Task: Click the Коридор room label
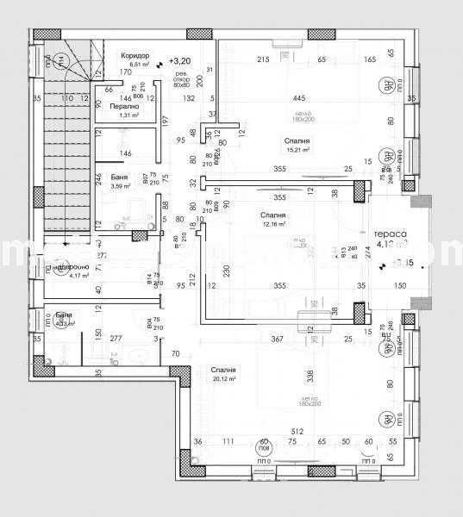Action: click(x=139, y=54)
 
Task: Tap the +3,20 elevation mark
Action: click(x=180, y=61)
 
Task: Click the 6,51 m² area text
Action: click(x=139, y=64)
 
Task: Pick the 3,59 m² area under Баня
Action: click(x=120, y=185)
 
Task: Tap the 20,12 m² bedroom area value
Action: click(x=223, y=378)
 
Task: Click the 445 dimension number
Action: click(x=299, y=97)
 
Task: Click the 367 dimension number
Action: click(x=278, y=339)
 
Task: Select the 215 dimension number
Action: click(x=263, y=59)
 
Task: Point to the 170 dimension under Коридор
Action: click(x=126, y=73)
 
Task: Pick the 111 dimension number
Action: click(x=228, y=441)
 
